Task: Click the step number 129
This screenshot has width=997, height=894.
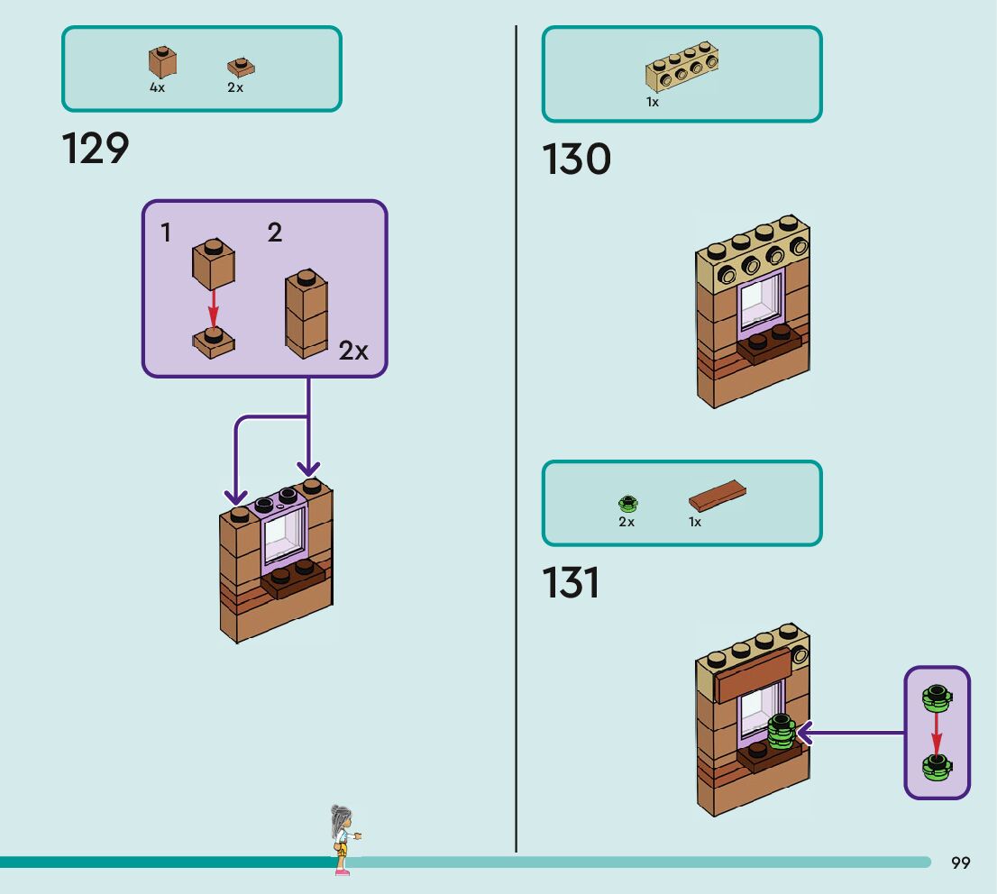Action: [96, 149]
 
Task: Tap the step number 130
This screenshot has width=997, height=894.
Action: [576, 160]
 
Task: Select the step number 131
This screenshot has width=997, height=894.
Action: [571, 583]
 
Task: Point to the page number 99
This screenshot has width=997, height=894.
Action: [960, 863]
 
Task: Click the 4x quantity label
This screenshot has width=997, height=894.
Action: [158, 88]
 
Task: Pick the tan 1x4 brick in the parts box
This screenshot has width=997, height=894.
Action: [682, 68]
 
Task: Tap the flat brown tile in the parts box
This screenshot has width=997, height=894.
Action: [718, 496]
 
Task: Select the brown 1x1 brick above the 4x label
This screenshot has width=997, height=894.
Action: [162, 62]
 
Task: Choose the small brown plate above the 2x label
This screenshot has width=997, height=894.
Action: [240, 67]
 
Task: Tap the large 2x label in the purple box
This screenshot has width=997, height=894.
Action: [353, 351]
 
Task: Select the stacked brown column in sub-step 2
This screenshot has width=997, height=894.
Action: [306, 314]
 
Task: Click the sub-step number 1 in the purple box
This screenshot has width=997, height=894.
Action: [166, 233]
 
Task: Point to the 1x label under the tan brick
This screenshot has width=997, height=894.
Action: [653, 103]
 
